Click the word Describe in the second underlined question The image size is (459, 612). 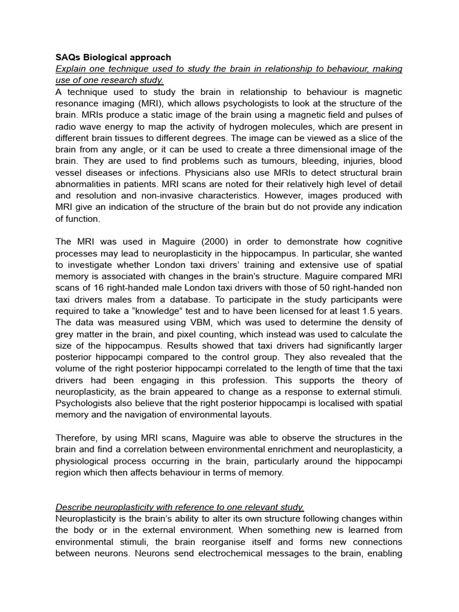[x=76, y=507]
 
